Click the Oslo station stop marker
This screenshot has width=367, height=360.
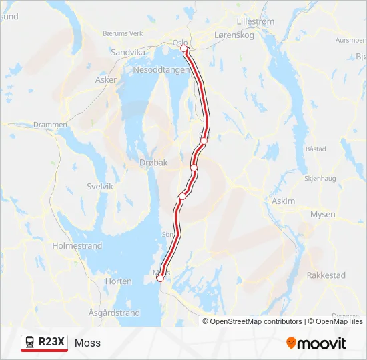pyautogui.click(x=185, y=49)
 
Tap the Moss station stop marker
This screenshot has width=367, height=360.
pyautogui.click(x=160, y=278)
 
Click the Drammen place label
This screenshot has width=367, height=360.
pyautogui.click(x=51, y=125)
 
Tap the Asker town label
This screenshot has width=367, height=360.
pyautogui.click(x=106, y=79)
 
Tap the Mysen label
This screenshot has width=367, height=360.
pyautogui.click(x=323, y=214)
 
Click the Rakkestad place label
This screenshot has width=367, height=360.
pyautogui.click(x=326, y=275)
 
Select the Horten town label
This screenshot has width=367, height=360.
pyautogui.click(x=118, y=281)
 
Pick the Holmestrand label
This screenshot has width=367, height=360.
pyautogui.click(x=77, y=246)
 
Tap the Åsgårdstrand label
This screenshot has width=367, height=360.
pyautogui.click(x=114, y=313)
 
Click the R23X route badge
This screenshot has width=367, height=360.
pyautogui.click(x=44, y=342)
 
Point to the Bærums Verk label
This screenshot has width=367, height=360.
pyautogui.click(x=123, y=33)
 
